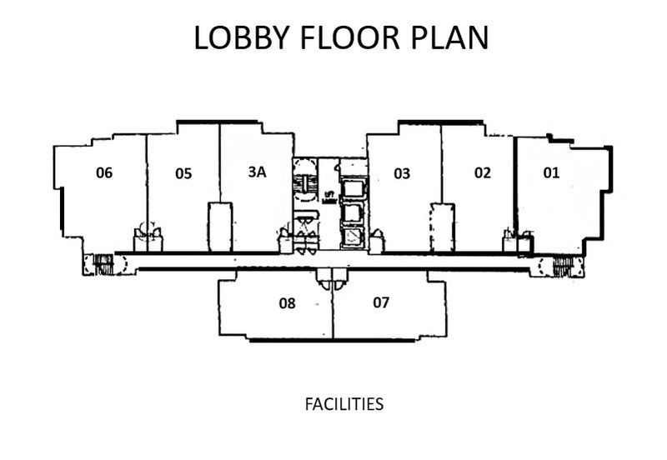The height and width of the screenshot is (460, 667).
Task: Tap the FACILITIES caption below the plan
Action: (344, 404)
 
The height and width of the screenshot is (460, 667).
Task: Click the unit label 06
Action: (104, 173)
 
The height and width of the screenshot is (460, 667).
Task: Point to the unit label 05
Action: (183, 173)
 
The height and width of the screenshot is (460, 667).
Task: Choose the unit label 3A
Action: (257, 172)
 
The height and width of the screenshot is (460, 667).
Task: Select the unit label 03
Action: (402, 173)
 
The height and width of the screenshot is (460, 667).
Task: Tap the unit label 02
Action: (482, 173)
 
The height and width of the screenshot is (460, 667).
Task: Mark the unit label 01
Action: (551, 173)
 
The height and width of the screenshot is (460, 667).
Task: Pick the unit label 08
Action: (287, 303)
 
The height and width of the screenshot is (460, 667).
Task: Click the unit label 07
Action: (381, 302)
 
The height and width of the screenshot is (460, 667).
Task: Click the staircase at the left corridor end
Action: (103, 264)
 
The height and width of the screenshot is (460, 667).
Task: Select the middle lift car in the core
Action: (353, 212)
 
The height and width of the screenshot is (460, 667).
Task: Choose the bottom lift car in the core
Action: (353, 237)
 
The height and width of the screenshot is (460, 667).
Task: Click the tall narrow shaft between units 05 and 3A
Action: (219, 226)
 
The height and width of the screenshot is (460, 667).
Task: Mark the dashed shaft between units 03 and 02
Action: (441, 227)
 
